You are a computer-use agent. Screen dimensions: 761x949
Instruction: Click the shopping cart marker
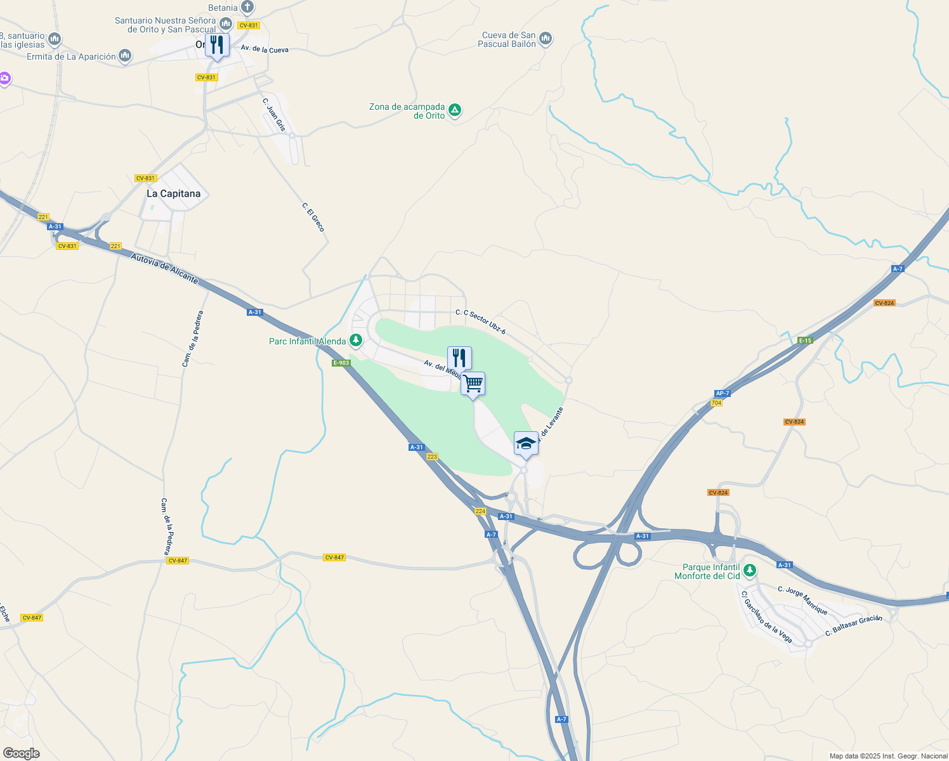473,384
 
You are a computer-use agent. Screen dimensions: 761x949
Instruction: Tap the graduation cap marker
526,443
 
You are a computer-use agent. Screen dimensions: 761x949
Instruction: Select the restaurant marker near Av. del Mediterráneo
459,358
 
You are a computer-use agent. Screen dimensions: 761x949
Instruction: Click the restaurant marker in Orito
217,45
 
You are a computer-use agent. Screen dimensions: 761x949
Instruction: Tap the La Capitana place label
173,194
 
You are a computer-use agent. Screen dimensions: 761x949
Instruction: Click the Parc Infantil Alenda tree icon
357,341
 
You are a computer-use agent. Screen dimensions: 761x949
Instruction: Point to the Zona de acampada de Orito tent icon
455,110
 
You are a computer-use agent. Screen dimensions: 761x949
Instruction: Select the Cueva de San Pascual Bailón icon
546,39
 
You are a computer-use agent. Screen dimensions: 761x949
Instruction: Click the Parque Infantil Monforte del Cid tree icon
750,571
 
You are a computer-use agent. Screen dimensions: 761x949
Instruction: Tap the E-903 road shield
341,363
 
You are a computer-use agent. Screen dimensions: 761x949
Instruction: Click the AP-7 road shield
723,393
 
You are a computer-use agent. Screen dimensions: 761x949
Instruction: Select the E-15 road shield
805,341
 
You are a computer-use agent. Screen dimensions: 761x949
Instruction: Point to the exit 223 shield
433,457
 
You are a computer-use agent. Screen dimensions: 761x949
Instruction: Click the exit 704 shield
716,403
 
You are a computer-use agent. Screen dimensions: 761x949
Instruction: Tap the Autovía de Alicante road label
164,268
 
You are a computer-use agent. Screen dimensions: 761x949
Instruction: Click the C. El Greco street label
313,218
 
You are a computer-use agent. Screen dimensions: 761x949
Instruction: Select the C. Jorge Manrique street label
802,601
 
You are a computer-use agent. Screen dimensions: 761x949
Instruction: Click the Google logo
21,753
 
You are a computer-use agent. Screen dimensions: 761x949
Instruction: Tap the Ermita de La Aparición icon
125,56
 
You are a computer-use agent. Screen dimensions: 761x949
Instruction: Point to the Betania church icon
247,8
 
